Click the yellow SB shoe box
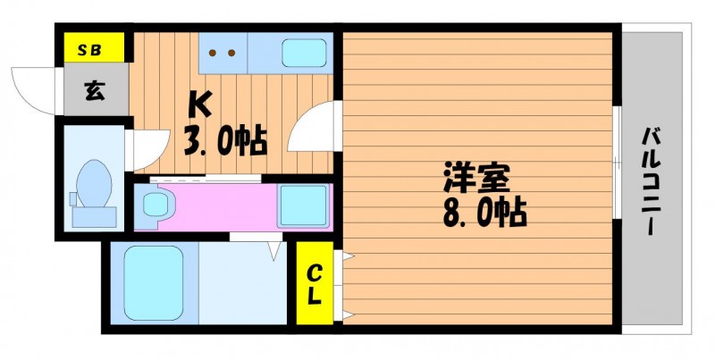pyautogui.click(x=94, y=47)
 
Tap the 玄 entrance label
pyautogui.click(x=95, y=92)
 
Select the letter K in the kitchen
pyautogui.click(x=200, y=104)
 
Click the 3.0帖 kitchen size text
pyautogui.click(x=225, y=141)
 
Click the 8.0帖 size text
pyautogui.click(x=484, y=212)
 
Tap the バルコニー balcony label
pyautogui.click(x=652, y=181)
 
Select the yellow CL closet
pyautogui.click(x=315, y=283)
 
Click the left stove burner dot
pyautogui.click(x=213, y=53)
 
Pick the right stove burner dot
pyautogui.click(x=231, y=53)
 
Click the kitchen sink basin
pyautogui.click(x=304, y=53)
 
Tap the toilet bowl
pyautogui.click(x=94, y=183)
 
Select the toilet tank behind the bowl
pyautogui.click(x=94, y=217)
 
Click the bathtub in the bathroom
pyautogui.click(x=153, y=283)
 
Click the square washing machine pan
pyautogui.click(x=303, y=205)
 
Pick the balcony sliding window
pyautogui.click(x=617, y=163)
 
